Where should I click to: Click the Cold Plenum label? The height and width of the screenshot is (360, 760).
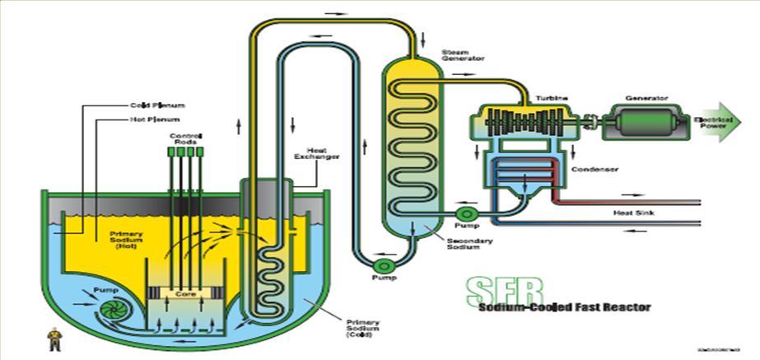[x=156, y=105]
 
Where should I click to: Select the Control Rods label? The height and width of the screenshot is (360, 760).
[x=186, y=138]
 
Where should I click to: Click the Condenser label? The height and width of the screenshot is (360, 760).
[x=594, y=170]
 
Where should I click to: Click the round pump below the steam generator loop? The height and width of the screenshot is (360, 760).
[x=382, y=267]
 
